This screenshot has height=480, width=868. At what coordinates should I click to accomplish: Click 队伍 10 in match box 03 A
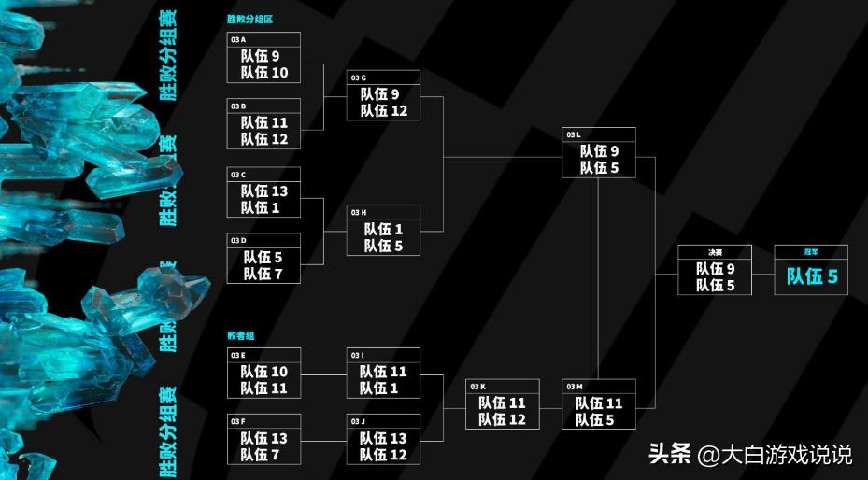(x=264, y=73)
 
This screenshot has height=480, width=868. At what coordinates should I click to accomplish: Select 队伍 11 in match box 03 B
(x=264, y=122)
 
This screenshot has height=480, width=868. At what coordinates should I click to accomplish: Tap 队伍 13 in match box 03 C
(x=264, y=191)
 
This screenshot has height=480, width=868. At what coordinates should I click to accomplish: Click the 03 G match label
(x=358, y=78)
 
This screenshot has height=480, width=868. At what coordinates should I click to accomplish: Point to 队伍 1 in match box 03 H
(x=383, y=229)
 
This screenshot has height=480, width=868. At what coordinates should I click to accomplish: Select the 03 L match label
(x=574, y=134)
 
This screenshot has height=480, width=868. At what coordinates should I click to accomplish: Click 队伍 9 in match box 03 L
(x=599, y=150)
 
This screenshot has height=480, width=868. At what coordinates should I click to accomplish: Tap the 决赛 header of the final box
(x=715, y=251)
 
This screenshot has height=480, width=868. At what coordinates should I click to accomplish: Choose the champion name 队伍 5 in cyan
(x=811, y=276)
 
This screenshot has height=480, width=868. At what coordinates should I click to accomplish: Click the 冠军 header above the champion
(x=811, y=251)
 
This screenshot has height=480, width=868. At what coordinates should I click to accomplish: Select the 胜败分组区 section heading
(x=249, y=19)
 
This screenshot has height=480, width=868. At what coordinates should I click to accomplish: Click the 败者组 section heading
(x=240, y=334)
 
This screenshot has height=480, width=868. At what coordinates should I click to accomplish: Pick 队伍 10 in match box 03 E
(x=264, y=372)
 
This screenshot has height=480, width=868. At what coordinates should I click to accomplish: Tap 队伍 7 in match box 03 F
(x=264, y=455)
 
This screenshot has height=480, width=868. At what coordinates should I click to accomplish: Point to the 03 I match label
(x=357, y=355)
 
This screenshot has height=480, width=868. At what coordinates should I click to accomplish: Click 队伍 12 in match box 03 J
(x=384, y=455)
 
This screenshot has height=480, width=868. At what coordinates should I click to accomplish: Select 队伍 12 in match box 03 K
(x=503, y=419)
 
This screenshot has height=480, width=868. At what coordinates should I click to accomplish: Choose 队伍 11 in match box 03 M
(x=599, y=402)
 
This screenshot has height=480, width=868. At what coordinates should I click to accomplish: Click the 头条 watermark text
(x=671, y=455)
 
